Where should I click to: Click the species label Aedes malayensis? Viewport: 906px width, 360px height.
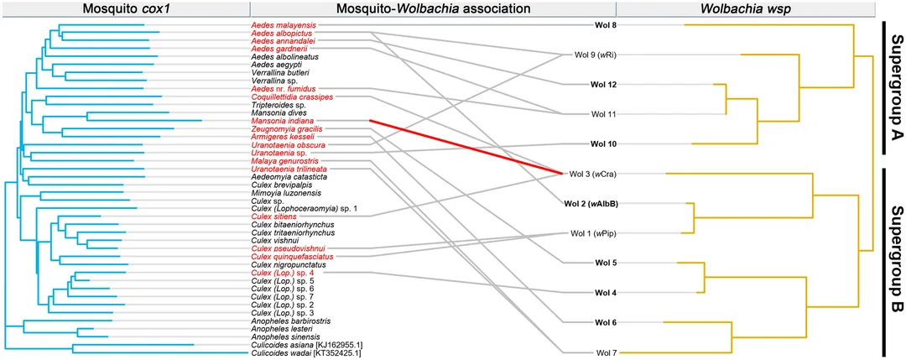point(284,25)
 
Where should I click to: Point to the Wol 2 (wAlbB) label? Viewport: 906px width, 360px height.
point(590,203)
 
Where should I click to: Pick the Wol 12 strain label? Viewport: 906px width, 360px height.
point(602,85)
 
